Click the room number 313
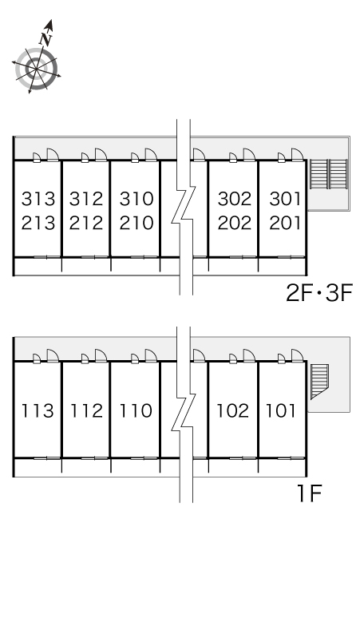coord(38,199)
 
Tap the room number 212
coord(86,223)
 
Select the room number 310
coord(136,199)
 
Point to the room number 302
coord(235,199)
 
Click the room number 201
coord(285,223)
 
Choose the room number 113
coord(37,410)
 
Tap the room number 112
coord(86,410)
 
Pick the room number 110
coord(136,410)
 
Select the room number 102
coord(233,410)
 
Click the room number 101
coord(281,410)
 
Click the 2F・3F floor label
coord(319,293)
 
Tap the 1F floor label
coord(310,493)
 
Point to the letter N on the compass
coord(46,38)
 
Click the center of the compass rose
coord(36,69)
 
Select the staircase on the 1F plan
coord(319,382)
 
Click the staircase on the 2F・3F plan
coord(329,174)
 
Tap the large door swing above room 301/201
coord(298,155)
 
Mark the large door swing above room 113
coord(53,355)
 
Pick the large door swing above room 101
coord(298,355)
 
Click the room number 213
coord(38,223)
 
